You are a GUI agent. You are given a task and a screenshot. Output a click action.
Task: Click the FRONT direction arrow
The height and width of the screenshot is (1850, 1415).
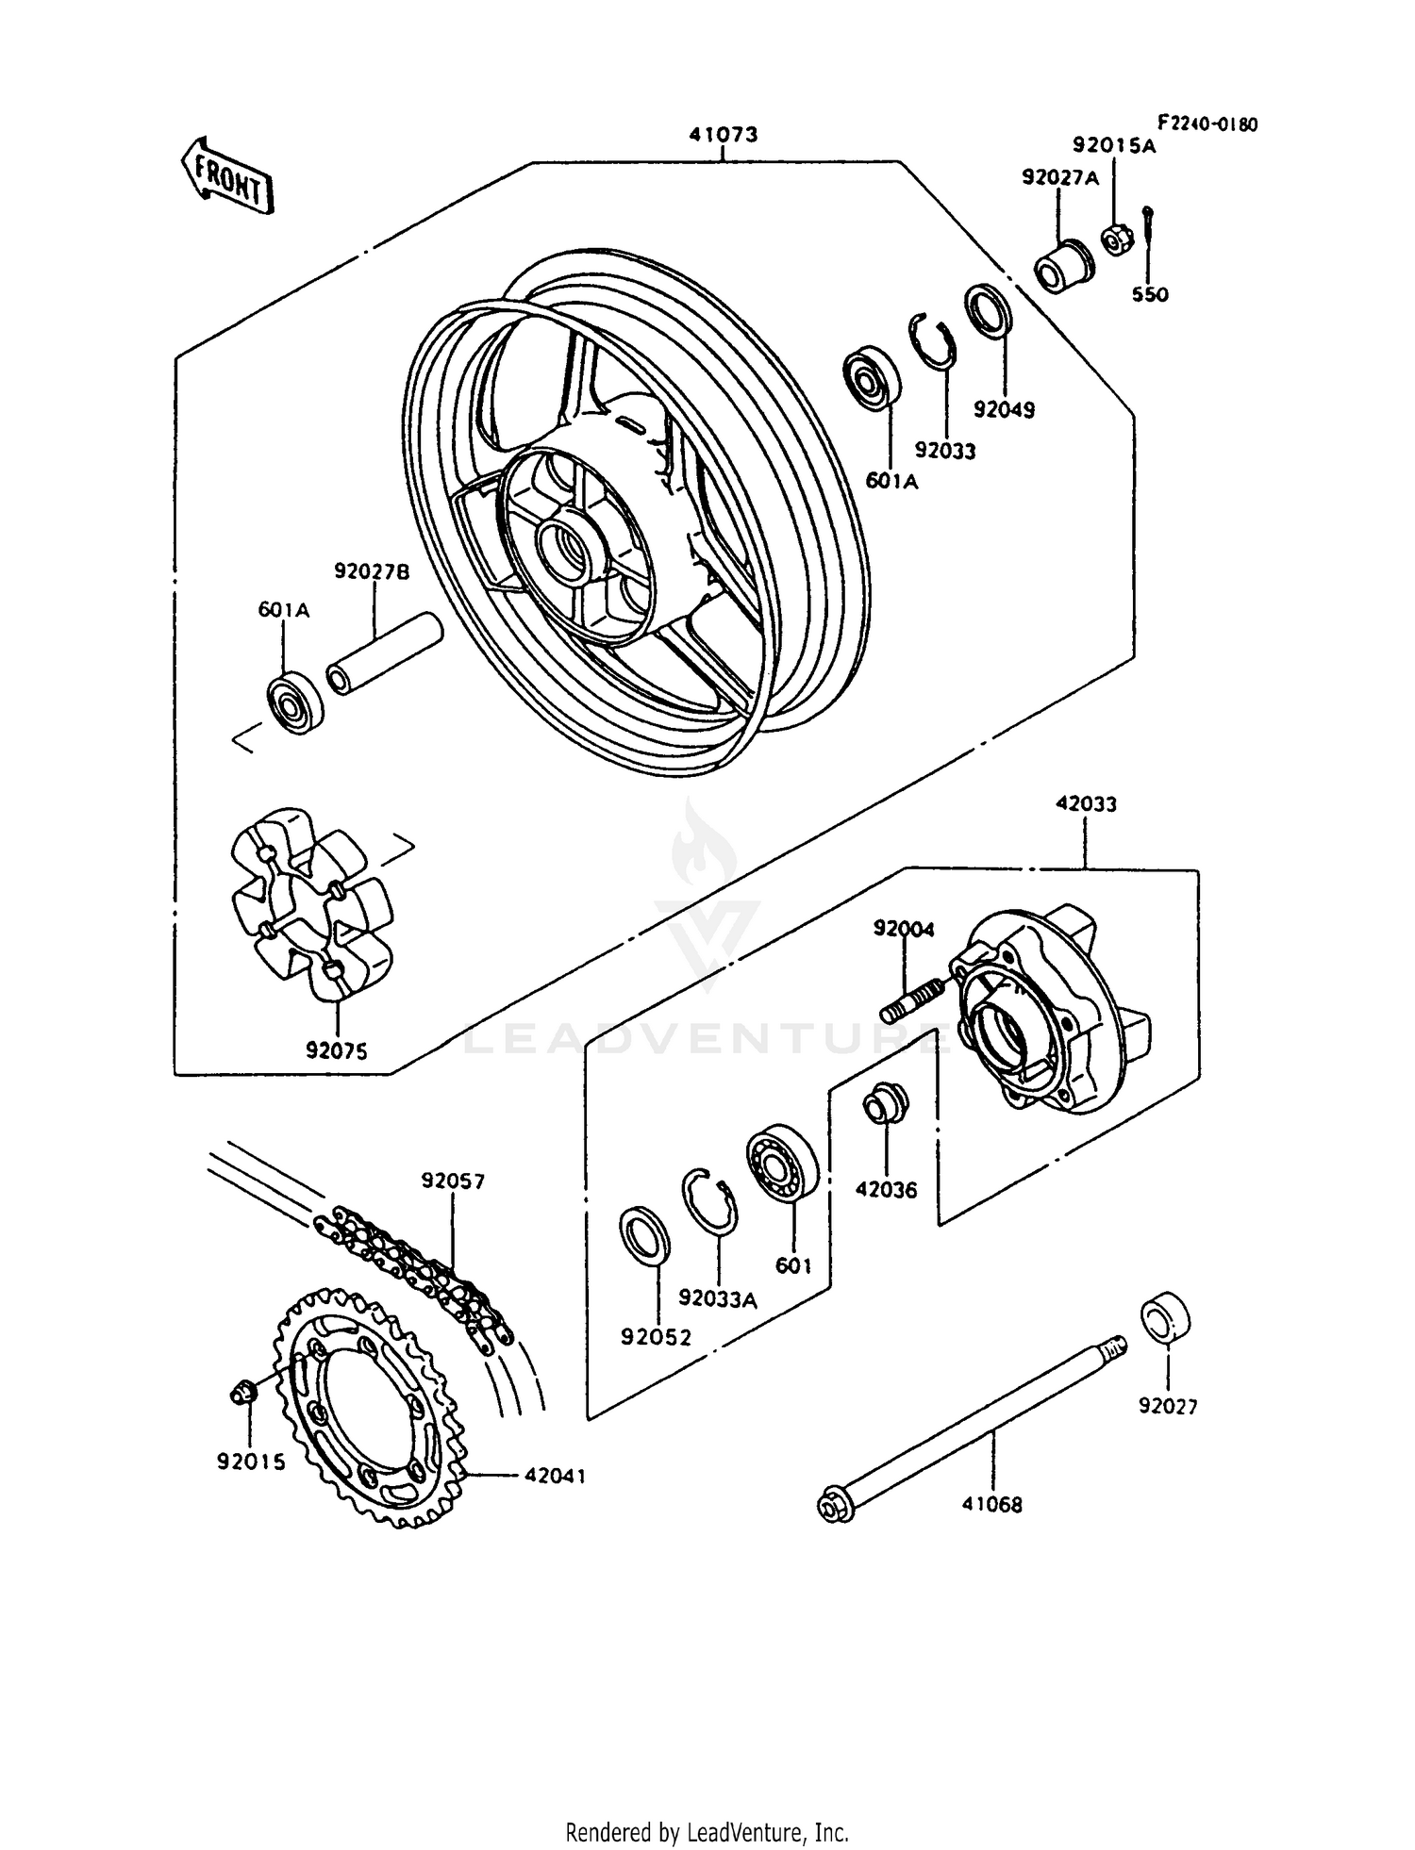pyautogui.click(x=226, y=176)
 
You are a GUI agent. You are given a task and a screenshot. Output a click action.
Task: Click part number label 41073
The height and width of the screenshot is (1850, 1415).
pyautogui.click(x=723, y=135)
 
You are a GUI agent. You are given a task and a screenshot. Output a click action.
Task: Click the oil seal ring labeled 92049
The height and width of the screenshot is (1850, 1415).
pyautogui.click(x=989, y=309)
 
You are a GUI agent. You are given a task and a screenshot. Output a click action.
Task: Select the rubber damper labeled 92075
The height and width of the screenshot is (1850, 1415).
pyautogui.click(x=311, y=900)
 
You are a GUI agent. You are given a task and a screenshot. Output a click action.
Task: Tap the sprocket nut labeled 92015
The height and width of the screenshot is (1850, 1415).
pyautogui.click(x=244, y=1392)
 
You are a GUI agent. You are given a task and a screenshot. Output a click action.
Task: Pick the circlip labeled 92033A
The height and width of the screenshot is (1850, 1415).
pyautogui.click(x=710, y=1199)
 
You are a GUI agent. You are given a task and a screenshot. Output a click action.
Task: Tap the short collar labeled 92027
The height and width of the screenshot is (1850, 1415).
pyautogui.click(x=1166, y=1319)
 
